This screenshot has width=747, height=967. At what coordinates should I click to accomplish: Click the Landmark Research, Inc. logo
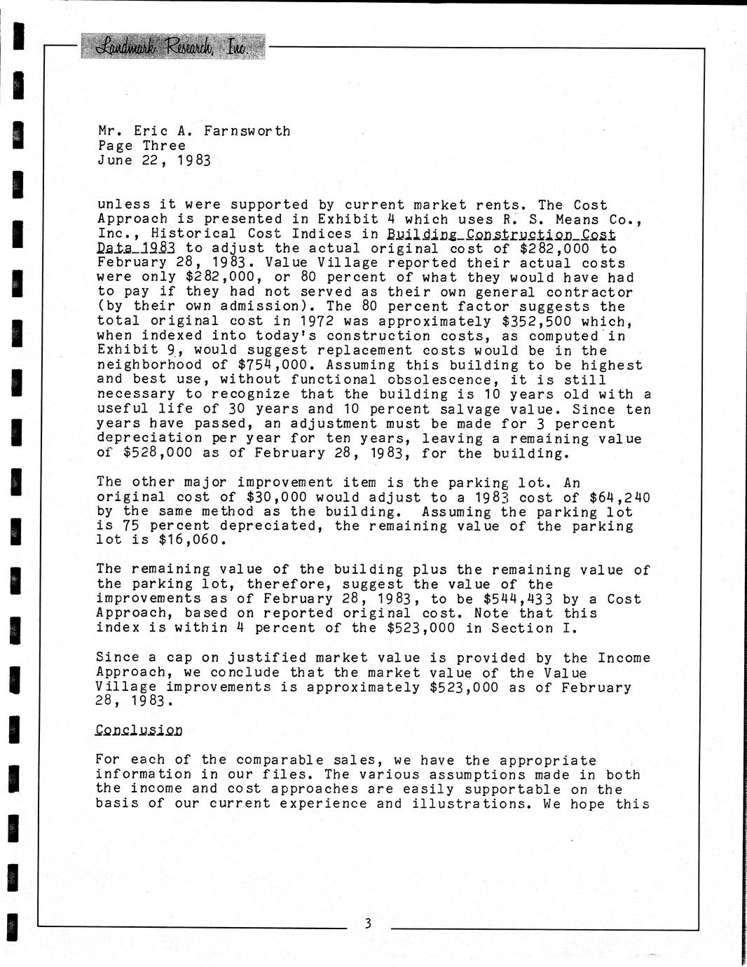pyautogui.click(x=173, y=46)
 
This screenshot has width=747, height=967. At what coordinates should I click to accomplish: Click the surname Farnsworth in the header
pyautogui.click(x=247, y=131)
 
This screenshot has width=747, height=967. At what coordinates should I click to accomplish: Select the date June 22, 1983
pyautogui.click(x=154, y=160)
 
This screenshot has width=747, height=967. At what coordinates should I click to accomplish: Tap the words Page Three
pyautogui.click(x=142, y=146)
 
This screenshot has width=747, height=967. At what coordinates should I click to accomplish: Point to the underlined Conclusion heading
pyautogui.click(x=139, y=730)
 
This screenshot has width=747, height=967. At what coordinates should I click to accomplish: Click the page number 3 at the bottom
pyautogui.click(x=368, y=924)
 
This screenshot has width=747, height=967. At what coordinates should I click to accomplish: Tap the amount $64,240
pyautogui.click(x=619, y=498)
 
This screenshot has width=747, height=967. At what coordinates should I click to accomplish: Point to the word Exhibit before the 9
pyautogui.click(x=127, y=350)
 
